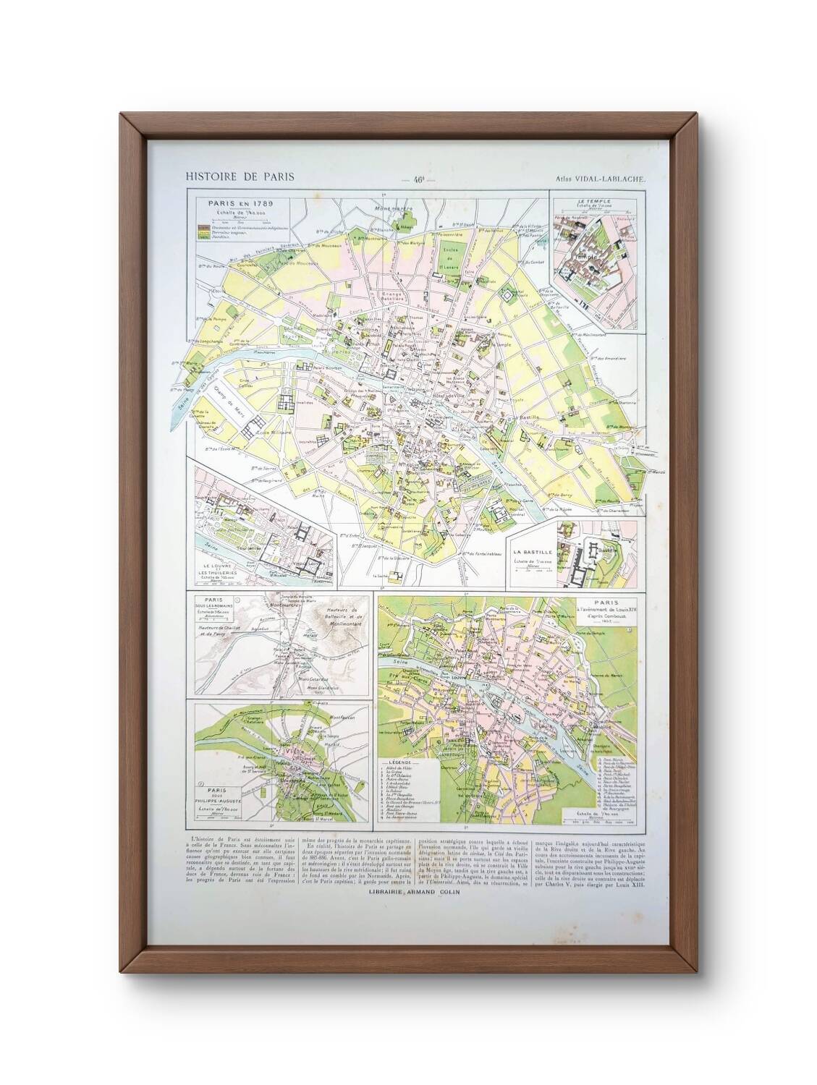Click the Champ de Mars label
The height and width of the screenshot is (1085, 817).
coord(232,409)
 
